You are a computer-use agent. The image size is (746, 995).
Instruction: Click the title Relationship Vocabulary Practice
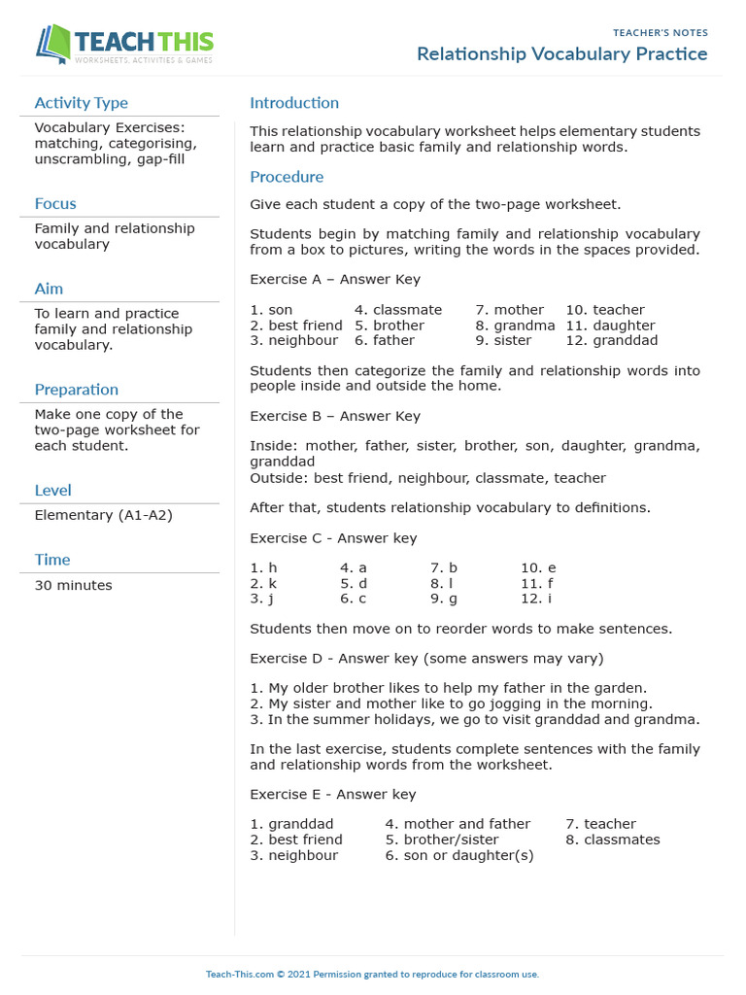(x=561, y=54)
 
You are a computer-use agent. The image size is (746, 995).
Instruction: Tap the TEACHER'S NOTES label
(x=660, y=33)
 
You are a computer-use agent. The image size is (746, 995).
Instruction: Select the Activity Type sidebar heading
(x=81, y=103)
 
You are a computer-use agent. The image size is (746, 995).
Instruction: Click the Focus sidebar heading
(x=55, y=204)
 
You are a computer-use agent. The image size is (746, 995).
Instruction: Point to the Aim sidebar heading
(x=49, y=289)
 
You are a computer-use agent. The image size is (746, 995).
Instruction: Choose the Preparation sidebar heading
(x=76, y=390)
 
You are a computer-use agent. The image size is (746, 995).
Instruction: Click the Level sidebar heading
(x=52, y=491)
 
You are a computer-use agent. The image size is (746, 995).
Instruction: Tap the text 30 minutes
(x=73, y=586)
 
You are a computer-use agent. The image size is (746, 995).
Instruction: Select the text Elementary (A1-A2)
(x=103, y=515)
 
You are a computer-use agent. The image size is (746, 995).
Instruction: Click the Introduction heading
(x=294, y=103)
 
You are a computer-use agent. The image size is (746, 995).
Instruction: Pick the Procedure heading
(x=287, y=177)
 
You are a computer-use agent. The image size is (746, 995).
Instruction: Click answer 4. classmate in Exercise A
(x=397, y=310)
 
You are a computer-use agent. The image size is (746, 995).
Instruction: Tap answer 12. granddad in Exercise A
(x=611, y=341)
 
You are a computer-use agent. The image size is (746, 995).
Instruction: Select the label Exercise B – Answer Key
(x=335, y=417)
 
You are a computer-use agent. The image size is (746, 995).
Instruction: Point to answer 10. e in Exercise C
(x=538, y=567)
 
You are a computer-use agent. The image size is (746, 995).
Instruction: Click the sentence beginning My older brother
(x=448, y=688)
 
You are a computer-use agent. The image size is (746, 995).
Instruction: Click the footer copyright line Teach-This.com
(x=372, y=974)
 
